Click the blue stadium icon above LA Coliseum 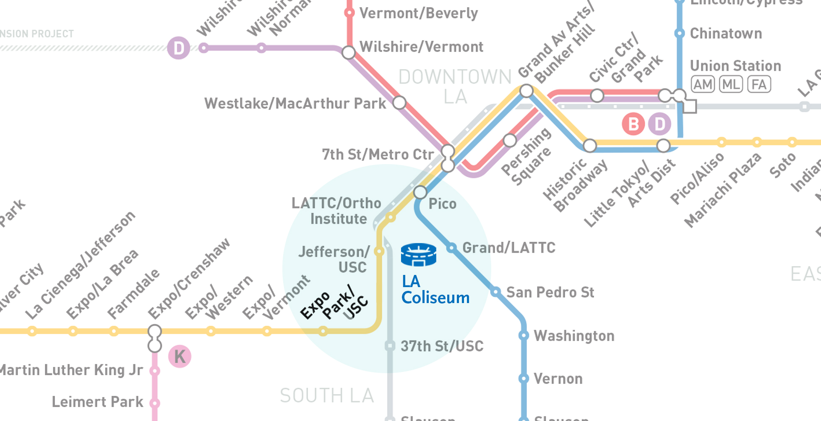(x=418, y=254)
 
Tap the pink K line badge (x=180, y=356)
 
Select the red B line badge (x=633, y=124)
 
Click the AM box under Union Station (x=703, y=84)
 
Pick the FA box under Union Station (x=759, y=84)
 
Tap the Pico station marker (x=420, y=193)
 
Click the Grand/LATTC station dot (x=451, y=248)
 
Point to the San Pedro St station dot (x=495, y=292)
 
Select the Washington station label (x=574, y=336)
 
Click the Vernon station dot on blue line (x=524, y=379)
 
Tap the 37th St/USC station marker (x=390, y=346)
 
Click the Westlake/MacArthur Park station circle (x=399, y=102)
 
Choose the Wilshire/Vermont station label (x=421, y=47)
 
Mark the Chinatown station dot (x=680, y=33)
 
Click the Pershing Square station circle (x=510, y=140)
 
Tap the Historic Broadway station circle (x=590, y=146)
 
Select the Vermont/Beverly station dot (x=349, y=13)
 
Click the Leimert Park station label (x=97, y=402)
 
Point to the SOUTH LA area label (x=326, y=395)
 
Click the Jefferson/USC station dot (x=379, y=251)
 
